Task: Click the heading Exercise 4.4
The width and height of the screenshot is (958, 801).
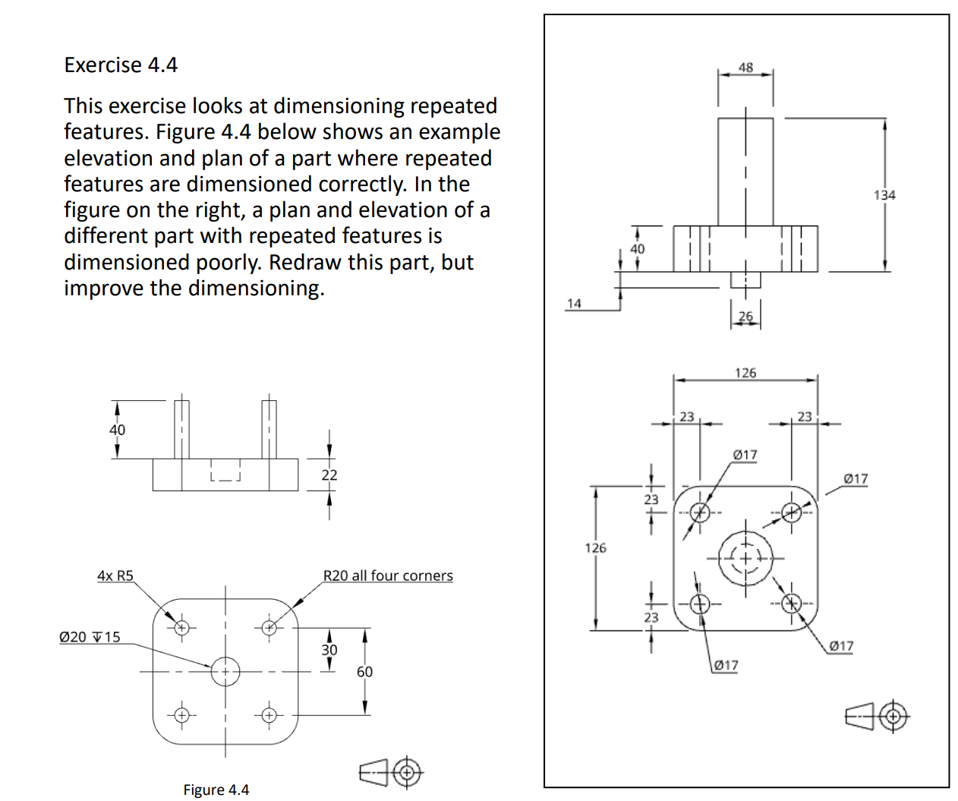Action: point(121,65)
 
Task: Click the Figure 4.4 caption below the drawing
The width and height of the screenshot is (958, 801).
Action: point(216,790)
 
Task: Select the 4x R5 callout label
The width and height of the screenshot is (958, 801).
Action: point(115,576)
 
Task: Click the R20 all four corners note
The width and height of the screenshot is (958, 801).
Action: point(388,576)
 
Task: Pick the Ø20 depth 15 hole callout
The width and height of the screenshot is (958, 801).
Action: point(90,637)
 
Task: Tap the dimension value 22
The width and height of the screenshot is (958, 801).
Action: point(329,475)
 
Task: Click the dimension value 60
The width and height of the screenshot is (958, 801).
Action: point(364,672)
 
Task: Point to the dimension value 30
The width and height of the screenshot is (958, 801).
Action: point(329,650)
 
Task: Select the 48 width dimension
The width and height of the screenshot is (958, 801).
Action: point(745,68)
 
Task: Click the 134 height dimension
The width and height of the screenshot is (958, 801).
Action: point(884,195)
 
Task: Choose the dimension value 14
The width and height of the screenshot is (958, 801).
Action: point(574,304)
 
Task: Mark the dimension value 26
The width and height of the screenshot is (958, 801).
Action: point(745,317)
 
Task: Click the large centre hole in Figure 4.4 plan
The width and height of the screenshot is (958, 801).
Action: point(225,672)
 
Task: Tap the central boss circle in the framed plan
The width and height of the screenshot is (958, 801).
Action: point(745,559)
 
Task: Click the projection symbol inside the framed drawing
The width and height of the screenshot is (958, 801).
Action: point(877,716)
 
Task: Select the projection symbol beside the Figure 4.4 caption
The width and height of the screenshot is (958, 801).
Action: point(391,773)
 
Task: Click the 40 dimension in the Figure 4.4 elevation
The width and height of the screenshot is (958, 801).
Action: point(117,430)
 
